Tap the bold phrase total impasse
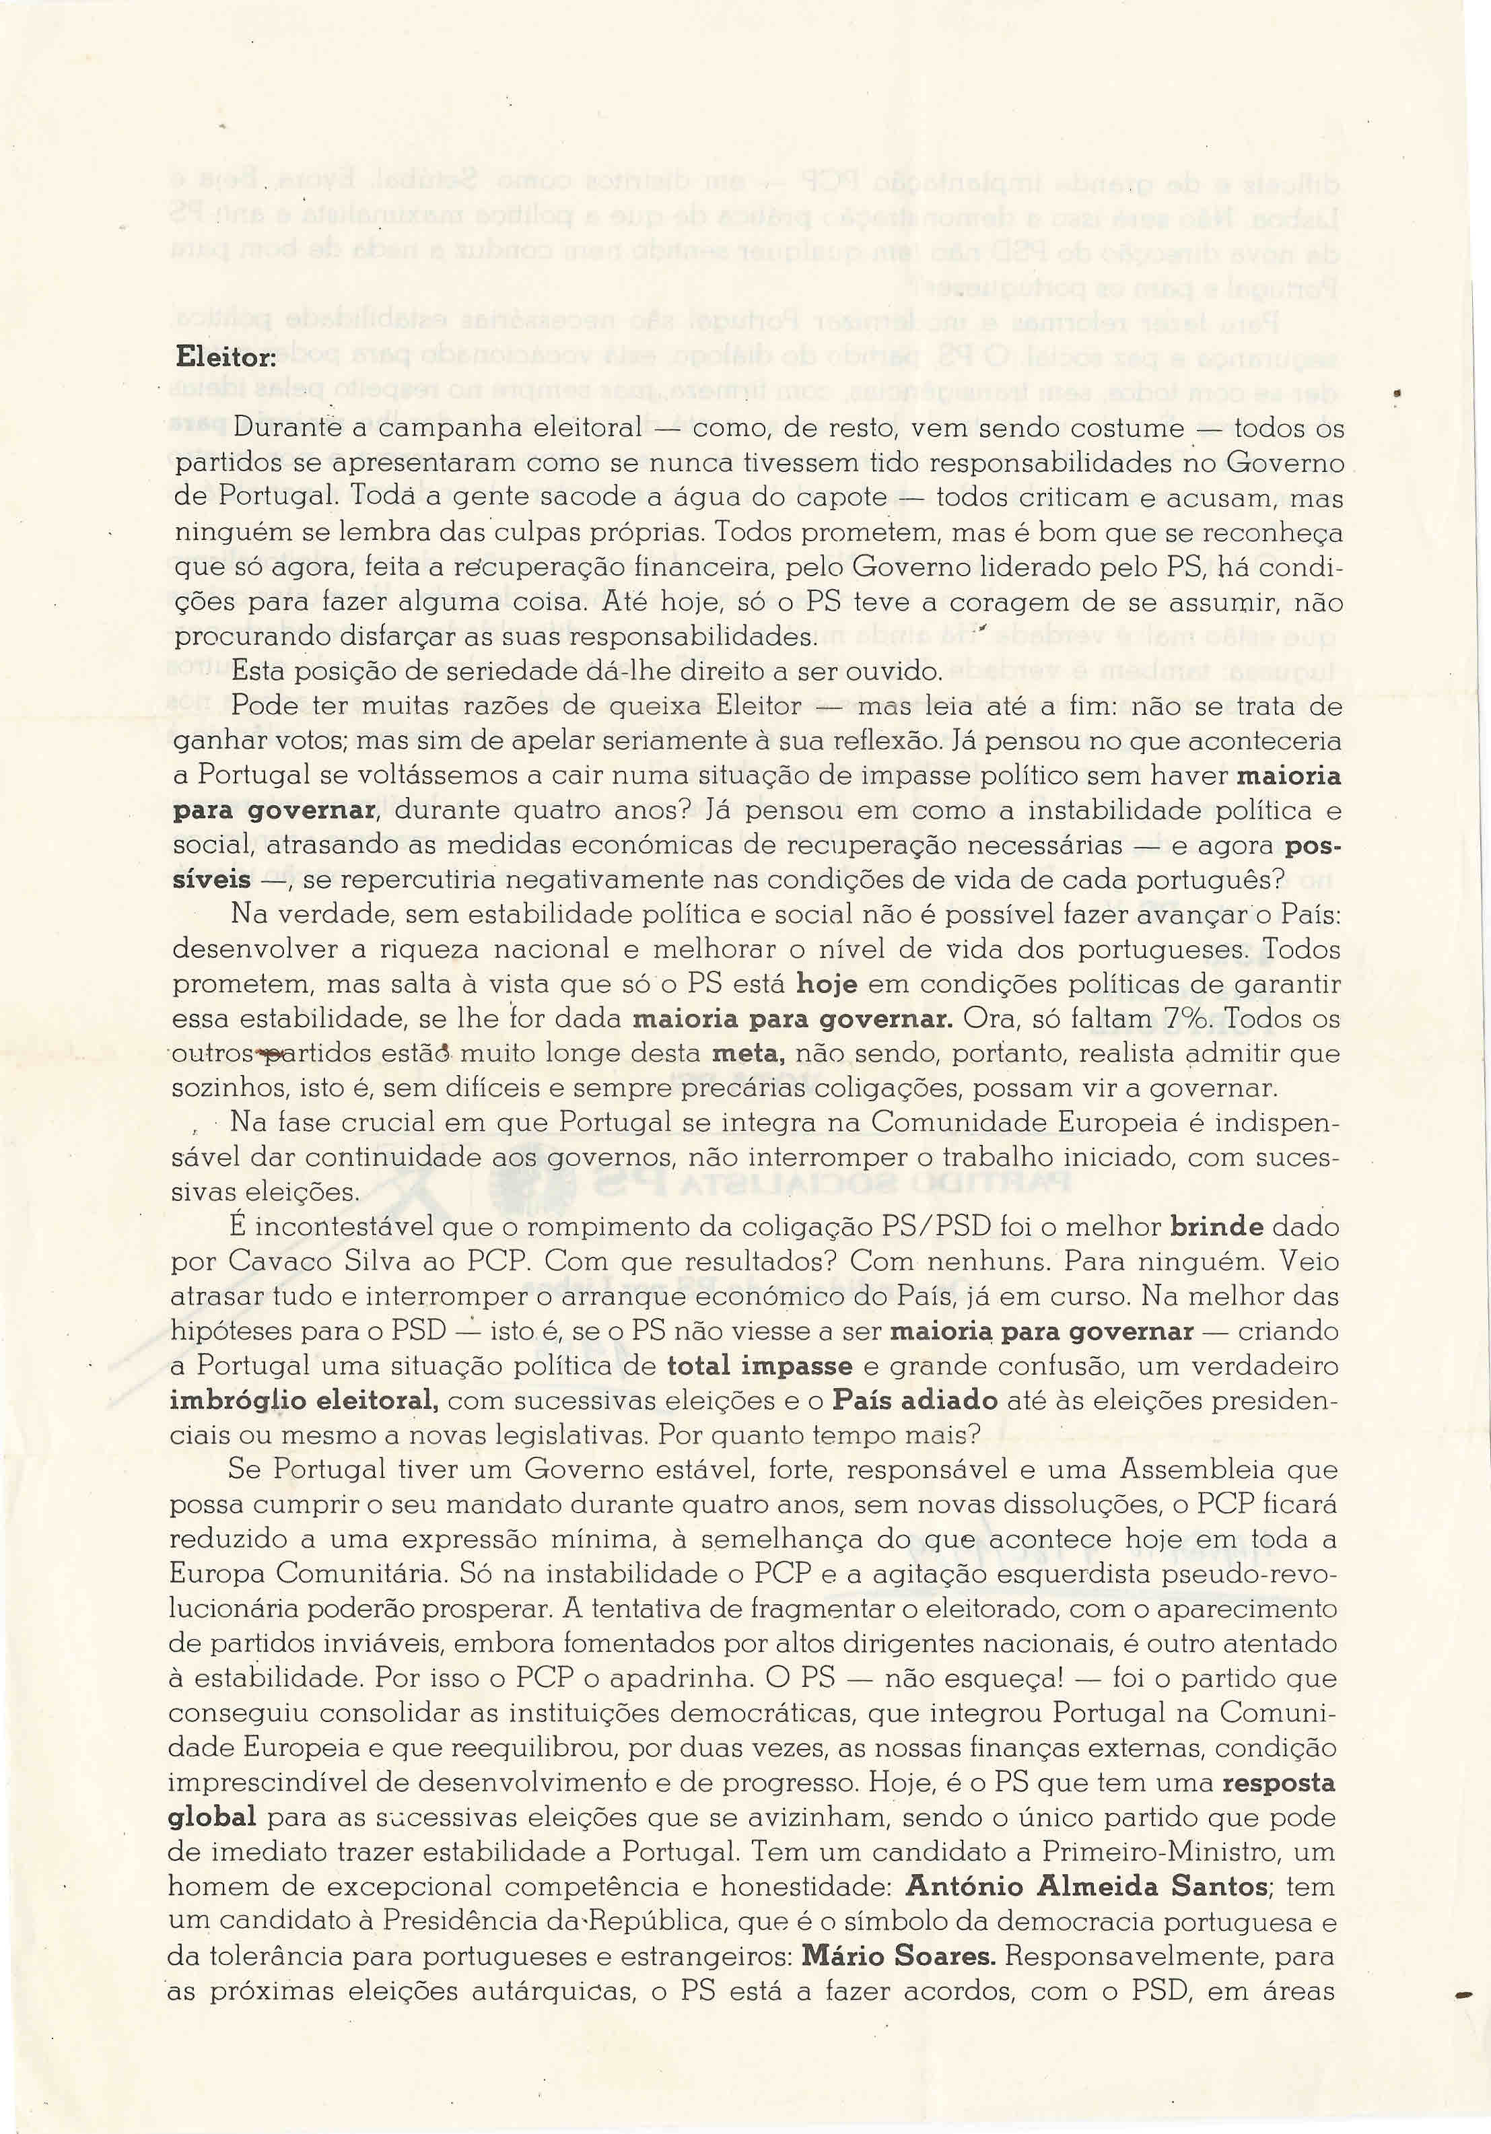(759, 1367)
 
